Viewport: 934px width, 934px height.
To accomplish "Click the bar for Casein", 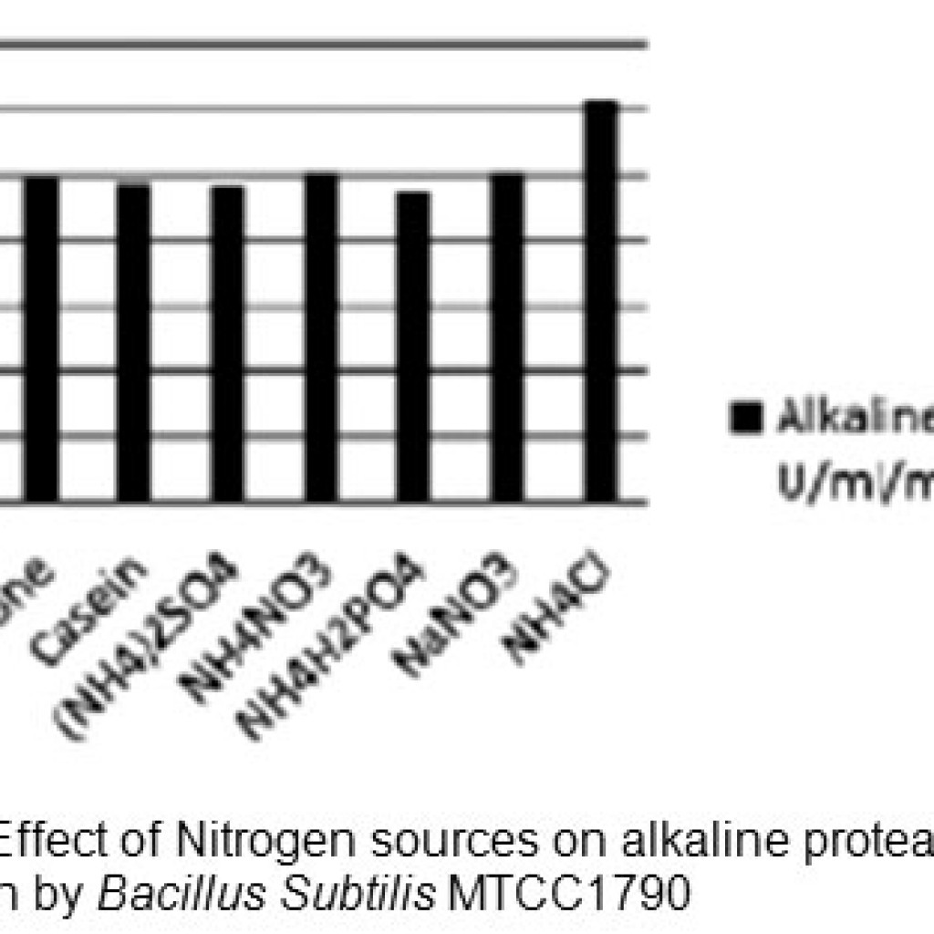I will (134, 342).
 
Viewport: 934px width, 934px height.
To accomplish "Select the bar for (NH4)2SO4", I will (227, 344).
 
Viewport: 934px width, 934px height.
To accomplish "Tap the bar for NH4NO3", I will (321, 337).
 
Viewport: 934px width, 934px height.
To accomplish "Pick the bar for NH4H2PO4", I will (414, 347).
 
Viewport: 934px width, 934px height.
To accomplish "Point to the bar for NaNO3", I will (507, 337).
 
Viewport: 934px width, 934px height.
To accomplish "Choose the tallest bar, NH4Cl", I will (601, 301).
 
